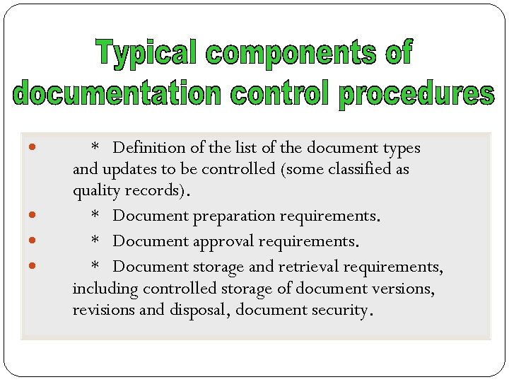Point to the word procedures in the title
click(x=415, y=95)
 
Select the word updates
click(x=129, y=170)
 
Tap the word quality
click(x=95, y=191)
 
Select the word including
click(x=105, y=289)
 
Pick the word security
click(x=340, y=311)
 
